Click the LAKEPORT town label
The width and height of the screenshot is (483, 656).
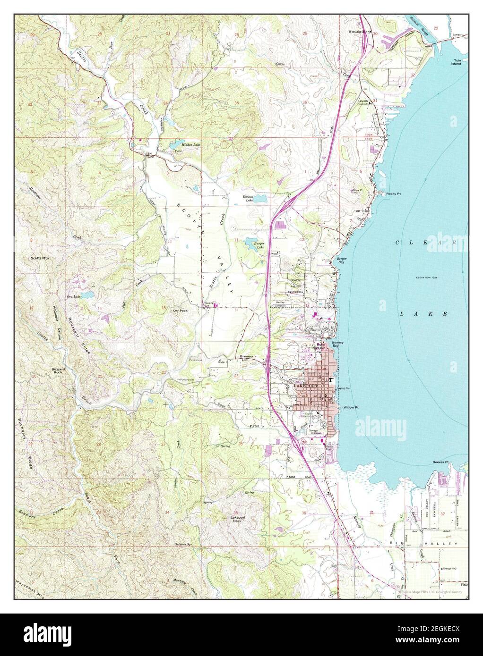click(x=303, y=386)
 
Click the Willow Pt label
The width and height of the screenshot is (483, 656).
click(x=352, y=407)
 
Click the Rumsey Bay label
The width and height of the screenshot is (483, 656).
click(x=337, y=344)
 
